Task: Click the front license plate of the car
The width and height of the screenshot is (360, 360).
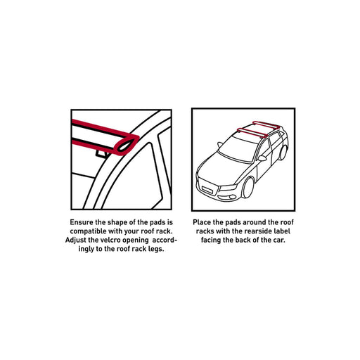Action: [x=207, y=189]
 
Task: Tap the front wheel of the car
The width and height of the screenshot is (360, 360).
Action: [x=248, y=188]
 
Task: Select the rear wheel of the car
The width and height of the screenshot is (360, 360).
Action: [x=283, y=153]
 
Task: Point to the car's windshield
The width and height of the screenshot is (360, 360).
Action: [x=238, y=148]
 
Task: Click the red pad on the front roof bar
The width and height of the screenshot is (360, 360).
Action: [x=252, y=132]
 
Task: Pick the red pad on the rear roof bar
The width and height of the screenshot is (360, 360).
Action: [x=266, y=124]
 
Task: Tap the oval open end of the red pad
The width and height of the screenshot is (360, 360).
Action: [x=126, y=145]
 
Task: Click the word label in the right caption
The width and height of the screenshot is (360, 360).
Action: [x=283, y=231]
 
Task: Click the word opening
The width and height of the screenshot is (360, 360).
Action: [x=136, y=240]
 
